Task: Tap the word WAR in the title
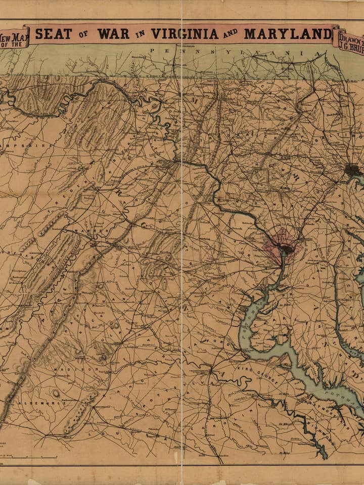pyautogui.click(x=114, y=34)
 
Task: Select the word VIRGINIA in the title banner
pyautogui.click(x=185, y=34)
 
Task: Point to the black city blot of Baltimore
pyautogui.click(x=352, y=170)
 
